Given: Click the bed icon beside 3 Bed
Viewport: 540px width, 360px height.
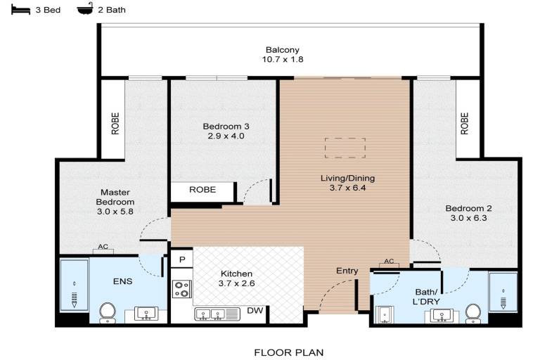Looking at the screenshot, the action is point(20,10).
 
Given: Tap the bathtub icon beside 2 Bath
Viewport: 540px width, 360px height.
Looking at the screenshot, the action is point(85,9).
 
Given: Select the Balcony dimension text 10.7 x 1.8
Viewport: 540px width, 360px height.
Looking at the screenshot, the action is point(283,59).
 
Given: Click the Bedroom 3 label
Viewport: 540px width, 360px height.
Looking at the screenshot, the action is point(226,127).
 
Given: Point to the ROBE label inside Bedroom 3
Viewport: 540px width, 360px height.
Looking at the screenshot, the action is point(202,189).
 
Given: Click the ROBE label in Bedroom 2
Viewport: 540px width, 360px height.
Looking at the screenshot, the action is point(465,123).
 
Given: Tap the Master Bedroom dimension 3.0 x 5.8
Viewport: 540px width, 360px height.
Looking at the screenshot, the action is point(115,212).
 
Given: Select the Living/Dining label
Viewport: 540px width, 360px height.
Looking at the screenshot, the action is point(347,178).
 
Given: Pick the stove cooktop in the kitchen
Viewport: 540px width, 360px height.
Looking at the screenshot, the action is point(182,289).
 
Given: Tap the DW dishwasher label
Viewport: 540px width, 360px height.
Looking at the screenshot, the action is point(255,310).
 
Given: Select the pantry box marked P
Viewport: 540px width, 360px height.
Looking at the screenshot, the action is point(182,259).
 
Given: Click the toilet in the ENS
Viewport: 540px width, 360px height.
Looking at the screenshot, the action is point(108,313).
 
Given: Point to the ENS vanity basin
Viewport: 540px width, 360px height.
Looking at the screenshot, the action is point(146,314).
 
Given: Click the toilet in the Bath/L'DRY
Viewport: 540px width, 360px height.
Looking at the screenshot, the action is point(473,314).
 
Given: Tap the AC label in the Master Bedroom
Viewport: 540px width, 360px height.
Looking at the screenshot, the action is point(103,247).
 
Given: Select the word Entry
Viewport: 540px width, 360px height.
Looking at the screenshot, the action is point(347,271).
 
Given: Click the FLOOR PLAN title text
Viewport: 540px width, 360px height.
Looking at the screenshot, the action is point(288,352).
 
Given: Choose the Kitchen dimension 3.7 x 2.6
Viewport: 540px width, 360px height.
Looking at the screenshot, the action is point(236,283).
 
